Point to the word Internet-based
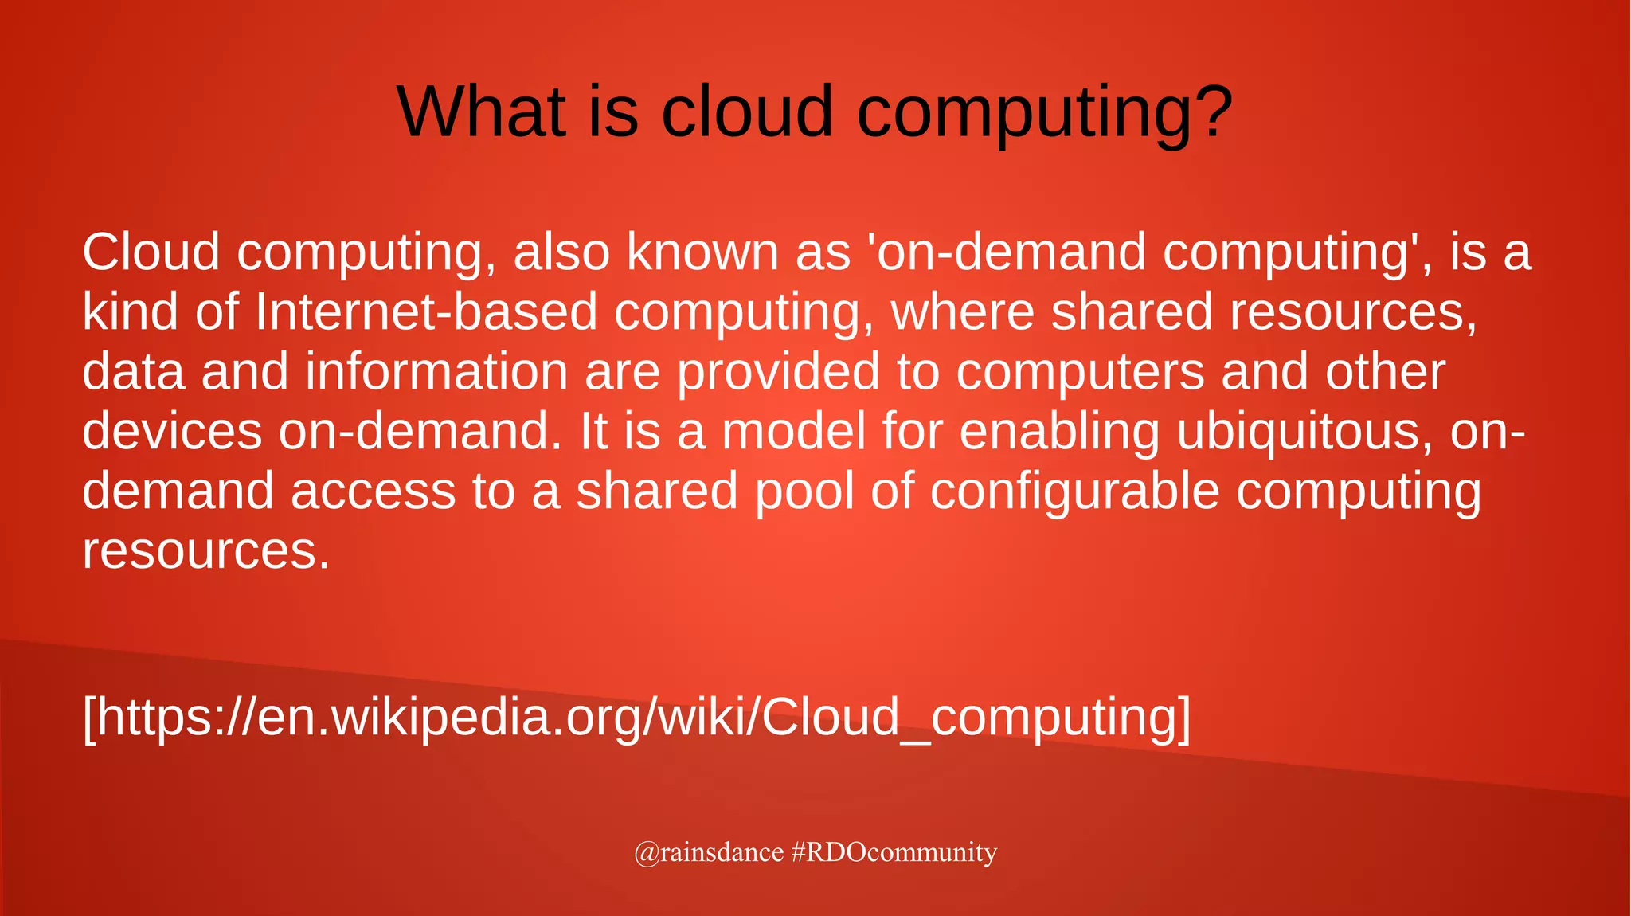[426, 311]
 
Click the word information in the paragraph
[436, 371]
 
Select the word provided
[778, 371]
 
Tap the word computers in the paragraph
[1080, 371]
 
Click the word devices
[172, 431]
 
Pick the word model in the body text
[793, 431]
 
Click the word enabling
[1059, 431]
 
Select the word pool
[804, 491]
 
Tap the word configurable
[1074, 491]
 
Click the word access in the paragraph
[373, 491]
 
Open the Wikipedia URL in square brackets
[636, 717]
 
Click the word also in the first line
[561, 252]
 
